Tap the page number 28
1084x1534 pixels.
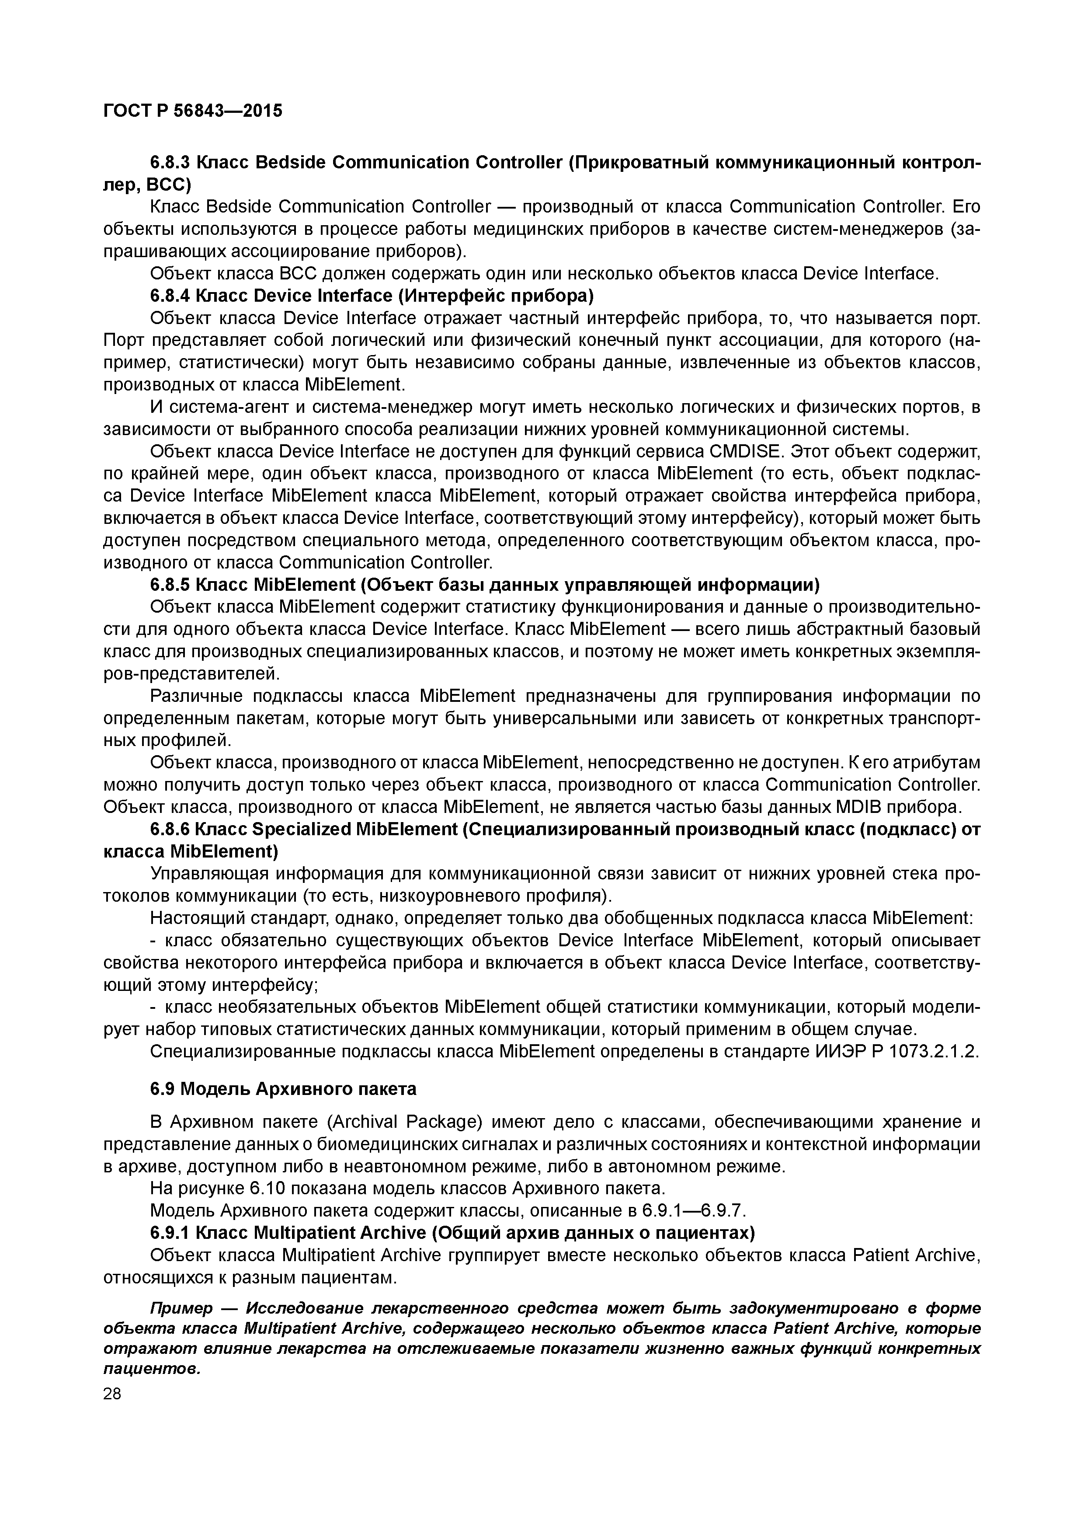(112, 1394)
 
